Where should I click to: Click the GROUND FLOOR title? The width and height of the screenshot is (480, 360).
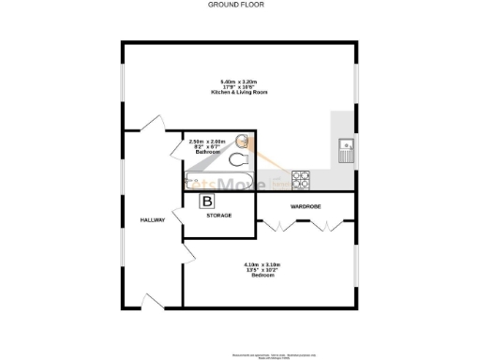tap(236, 5)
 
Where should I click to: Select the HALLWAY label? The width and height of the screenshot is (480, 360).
tap(153, 220)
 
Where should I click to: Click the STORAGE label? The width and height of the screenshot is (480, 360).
tap(218, 216)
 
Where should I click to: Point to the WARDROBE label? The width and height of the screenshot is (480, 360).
tap(307, 205)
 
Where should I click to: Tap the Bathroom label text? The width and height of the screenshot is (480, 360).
tap(207, 151)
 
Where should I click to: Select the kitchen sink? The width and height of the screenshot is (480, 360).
tap(345, 149)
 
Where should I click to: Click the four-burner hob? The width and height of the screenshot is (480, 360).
tap(302, 174)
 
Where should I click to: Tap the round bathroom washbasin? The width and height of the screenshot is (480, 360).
tap(242, 142)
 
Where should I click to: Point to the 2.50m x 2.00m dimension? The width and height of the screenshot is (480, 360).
tap(207, 141)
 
